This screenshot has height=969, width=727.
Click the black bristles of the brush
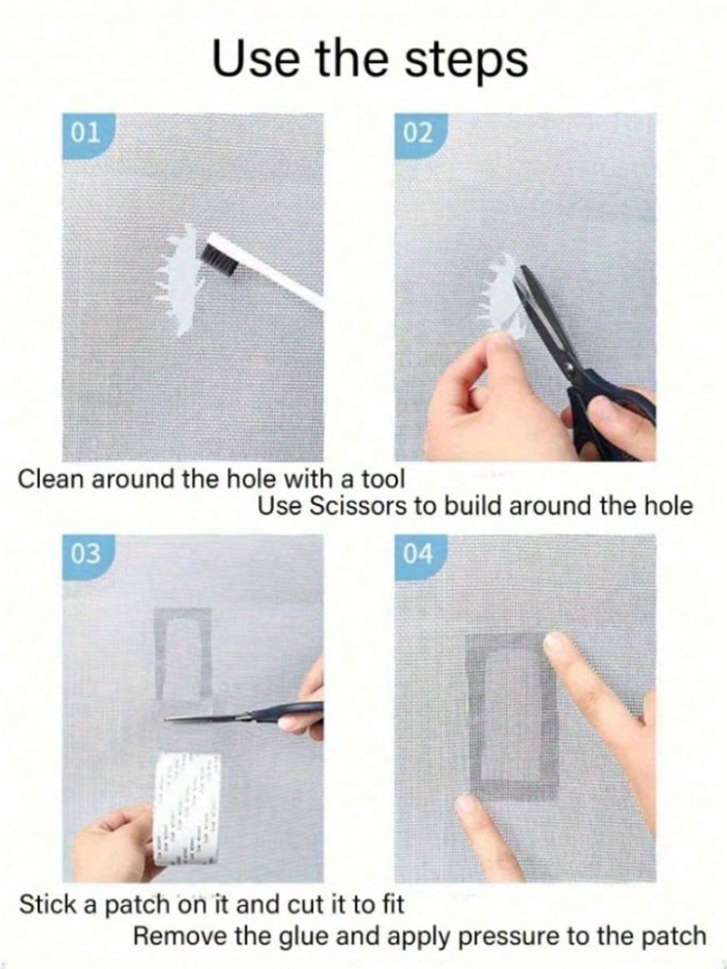click(220, 258)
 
